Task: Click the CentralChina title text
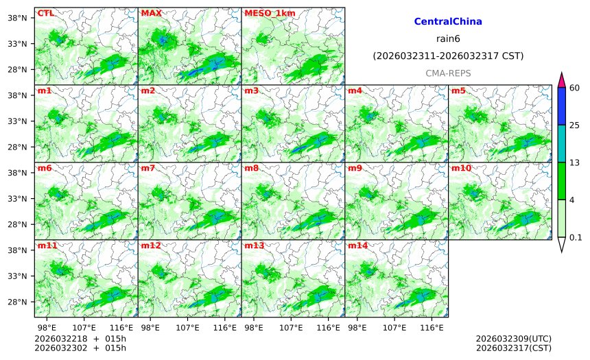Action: [448, 22]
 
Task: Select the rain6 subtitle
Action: [448, 38]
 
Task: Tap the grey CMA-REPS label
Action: [448, 73]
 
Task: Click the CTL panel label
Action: [45, 13]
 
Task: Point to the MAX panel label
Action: [151, 13]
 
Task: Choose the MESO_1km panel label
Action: [263, 13]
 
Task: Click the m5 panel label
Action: [458, 91]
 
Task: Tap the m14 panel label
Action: [357, 245]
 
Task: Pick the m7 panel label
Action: [148, 168]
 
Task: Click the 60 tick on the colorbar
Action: [575, 87]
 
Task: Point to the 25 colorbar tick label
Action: [575, 125]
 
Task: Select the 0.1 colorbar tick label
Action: [576, 237]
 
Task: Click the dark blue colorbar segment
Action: [561, 106]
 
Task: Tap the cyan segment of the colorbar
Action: [561, 143]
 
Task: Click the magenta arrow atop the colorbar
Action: [561, 80]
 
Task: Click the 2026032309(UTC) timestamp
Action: [513, 339]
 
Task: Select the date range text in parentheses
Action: [448, 56]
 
